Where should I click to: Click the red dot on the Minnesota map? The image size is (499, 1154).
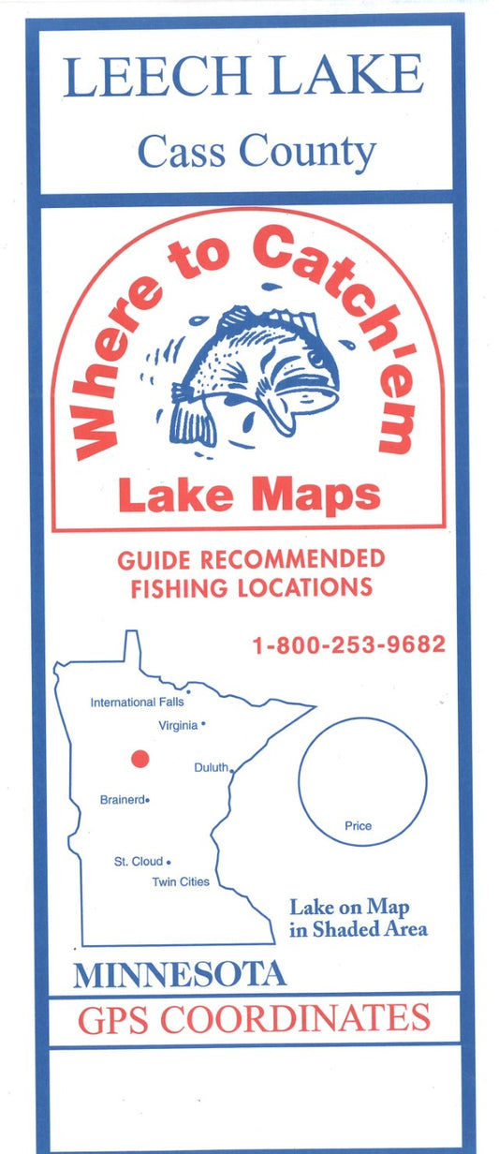click(139, 759)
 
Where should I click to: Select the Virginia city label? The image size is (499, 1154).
click(178, 725)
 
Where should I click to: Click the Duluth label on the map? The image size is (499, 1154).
click(210, 768)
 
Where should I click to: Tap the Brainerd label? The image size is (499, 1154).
click(123, 800)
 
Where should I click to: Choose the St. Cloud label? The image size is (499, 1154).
click(139, 861)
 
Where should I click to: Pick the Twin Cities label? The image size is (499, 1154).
click(181, 881)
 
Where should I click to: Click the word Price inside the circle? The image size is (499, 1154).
click(358, 826)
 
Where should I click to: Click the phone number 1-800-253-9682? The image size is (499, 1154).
click(347, 645)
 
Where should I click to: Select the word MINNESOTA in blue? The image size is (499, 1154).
click(180, 975)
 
